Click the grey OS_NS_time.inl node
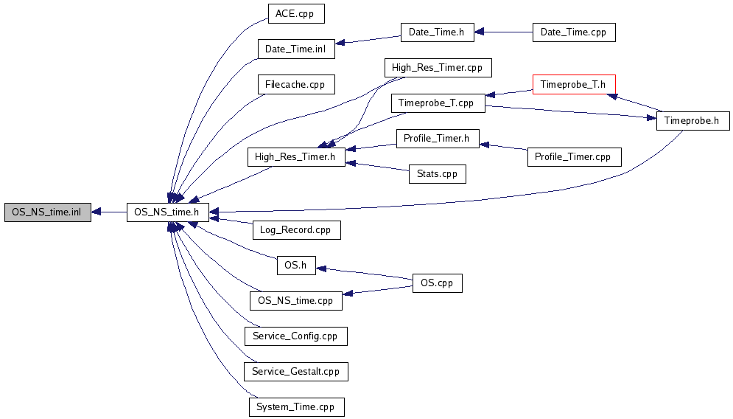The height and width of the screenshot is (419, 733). pyautogui.click(x=48, y=212)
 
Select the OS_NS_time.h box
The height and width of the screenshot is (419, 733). pyautogui.click(x=167, y=212)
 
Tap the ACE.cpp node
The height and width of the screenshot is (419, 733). pyautogui.click(x=296, y=13)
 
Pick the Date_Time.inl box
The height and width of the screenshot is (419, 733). pyautogui.click(x=296, y=49)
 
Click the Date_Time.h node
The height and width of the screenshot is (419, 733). pyautogui.click(x=437, y=32)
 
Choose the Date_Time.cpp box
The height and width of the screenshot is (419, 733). pyautogui.click(x=574, y=32)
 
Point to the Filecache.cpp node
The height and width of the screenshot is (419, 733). pyautogui.click(x=296, y=85)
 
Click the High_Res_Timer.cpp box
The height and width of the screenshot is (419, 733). pyautogui.click(x=438, y=67)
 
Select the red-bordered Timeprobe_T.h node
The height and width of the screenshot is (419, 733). pyautogui.click(x=574, y=85)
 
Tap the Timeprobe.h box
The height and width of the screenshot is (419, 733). pyautogui.click(x=692, y=121)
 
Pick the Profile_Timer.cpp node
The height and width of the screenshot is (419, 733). pyautogui.click(x=575, y=157)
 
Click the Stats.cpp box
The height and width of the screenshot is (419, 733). pyautogui.click(x=437, y=173)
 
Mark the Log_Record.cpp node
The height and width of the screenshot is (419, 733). pyautogui.click(x=296, y=230)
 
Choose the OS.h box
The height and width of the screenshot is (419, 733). pyautogui.click(x=296, y=266)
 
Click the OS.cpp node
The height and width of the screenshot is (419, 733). pyautogui.click(x=437, y=283)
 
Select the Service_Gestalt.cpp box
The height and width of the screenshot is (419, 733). pyautogui.click(x=296, y=372)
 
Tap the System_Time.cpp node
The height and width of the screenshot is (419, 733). pyautogui.click(x=297, y=407)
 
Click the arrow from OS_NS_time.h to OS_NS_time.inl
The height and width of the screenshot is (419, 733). pyautogui.click(x=109, y=212)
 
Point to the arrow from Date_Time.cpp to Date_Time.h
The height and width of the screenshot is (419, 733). pyautogui.click(x=503, y=32)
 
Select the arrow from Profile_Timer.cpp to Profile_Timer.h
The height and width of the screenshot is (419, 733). pyautogui.click(x=503, y=147)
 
